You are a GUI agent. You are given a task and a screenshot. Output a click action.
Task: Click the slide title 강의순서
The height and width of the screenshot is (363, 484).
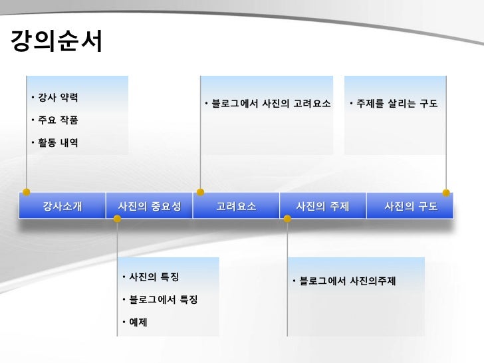click(x=57, y=43)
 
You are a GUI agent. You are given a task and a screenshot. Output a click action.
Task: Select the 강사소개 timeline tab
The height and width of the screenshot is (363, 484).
click(x=62, y=206)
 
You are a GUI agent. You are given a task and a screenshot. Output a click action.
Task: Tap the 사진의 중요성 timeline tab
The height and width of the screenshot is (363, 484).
click(x=149, y=206)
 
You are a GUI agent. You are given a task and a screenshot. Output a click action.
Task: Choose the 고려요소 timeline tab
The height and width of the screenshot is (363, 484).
click(x=236, y=206)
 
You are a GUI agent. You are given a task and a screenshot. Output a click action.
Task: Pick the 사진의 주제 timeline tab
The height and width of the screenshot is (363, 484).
click(x=322, y=206)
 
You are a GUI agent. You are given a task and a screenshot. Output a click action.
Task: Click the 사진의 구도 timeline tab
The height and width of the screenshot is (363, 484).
click(x=411, y=206)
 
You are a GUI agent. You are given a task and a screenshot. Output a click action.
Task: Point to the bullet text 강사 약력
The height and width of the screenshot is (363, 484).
click(x=57, y=98)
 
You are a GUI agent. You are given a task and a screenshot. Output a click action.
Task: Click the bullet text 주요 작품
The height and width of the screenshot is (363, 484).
click(x=57, y=120)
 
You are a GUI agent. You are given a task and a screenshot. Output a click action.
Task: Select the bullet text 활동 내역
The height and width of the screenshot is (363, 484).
click(x=57, y=143)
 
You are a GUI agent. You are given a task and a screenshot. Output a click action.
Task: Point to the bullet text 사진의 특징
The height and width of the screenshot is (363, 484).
click(x=154, y=277)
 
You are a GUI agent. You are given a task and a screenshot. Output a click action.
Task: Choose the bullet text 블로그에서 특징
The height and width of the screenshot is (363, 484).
click(x=163, y=300)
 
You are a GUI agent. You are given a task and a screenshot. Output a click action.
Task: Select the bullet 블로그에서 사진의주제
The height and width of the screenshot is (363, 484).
click(x=347, y=281)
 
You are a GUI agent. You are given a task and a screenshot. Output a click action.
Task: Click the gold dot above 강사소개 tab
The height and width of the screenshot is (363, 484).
click(x=27, y=192)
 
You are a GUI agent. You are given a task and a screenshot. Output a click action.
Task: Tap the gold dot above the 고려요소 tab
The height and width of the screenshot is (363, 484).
click(x=200, y=192)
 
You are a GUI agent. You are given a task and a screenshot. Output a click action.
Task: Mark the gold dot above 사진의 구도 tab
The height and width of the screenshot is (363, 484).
click(x=446, y=193)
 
